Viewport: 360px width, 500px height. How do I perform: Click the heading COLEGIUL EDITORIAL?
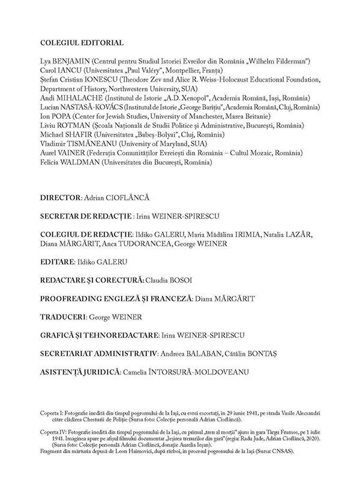(x=82, y=43)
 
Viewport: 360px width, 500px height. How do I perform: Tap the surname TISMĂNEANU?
(x=92, y=144)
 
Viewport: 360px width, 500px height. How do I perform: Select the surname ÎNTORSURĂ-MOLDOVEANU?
(x=195, y=372)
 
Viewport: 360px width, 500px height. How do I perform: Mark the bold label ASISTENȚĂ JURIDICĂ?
(x=79, y=372)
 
